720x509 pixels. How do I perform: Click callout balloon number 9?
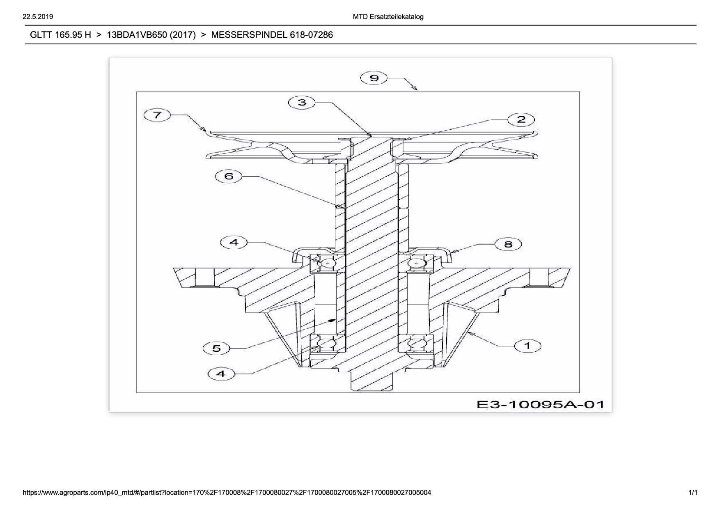(374, 78)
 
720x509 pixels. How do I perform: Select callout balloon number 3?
(302, 102)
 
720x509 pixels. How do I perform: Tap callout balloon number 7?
(157, 115)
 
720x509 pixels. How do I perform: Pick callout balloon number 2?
(521, 119)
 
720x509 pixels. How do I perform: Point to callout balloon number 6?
(229, 177)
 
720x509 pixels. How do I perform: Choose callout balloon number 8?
(508, 244)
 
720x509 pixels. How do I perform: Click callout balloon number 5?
(216, 349)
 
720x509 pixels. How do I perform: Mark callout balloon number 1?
(527, 346)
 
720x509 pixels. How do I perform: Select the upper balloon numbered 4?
(234, 242)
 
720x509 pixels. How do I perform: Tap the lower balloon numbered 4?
(221, 374)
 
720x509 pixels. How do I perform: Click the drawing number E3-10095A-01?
(540, 404)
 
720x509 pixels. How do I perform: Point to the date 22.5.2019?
(38, 17)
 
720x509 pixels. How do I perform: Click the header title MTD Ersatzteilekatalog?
(388, 17)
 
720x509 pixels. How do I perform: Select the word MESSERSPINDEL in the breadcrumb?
(249, 35)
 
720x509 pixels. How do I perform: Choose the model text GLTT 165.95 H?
(60, 35)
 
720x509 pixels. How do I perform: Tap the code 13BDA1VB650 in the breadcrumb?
(136, 35)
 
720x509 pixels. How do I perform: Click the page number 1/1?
(693, 492)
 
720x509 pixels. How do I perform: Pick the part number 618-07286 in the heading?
(311, 35)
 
